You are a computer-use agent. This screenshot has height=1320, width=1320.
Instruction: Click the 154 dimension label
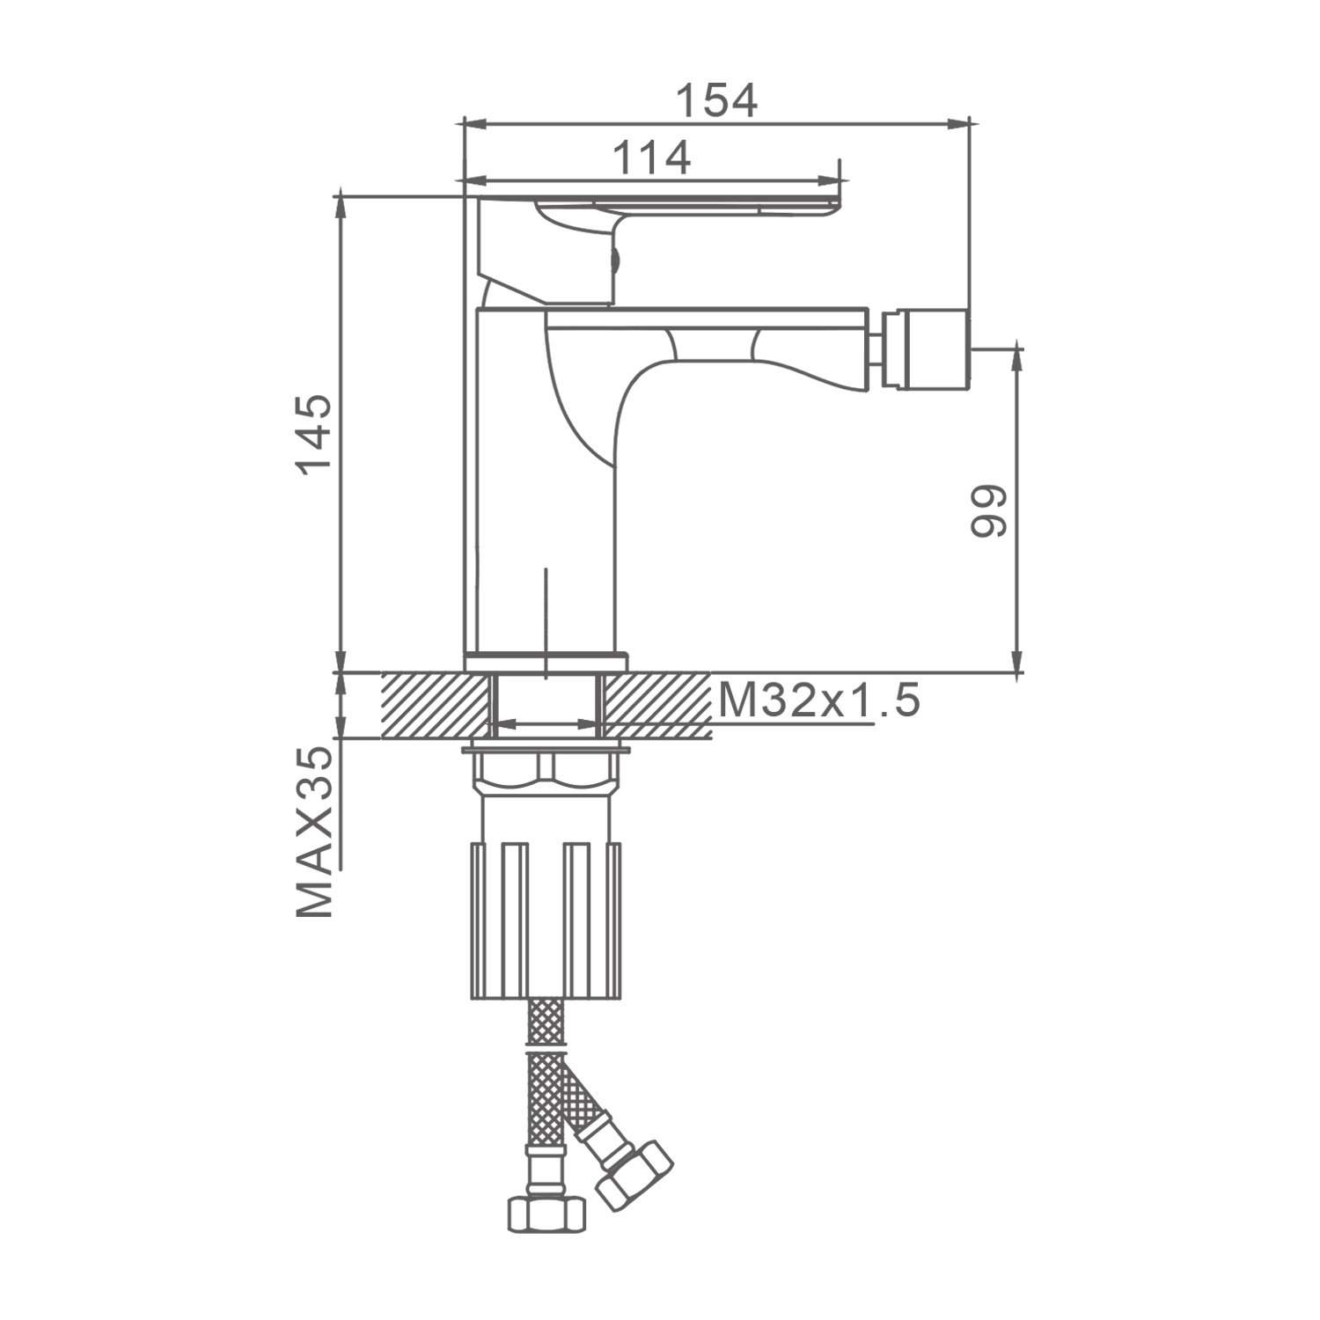(x=716, y=100)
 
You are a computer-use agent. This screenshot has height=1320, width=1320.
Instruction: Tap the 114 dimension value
(x=651, y=158)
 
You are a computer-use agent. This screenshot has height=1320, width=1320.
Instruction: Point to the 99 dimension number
(x=987, y=510)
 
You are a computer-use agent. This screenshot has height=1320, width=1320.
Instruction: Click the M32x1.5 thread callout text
(x=819, y=701)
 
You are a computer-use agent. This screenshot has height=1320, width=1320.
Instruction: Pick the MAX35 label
(x=314, y=832)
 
